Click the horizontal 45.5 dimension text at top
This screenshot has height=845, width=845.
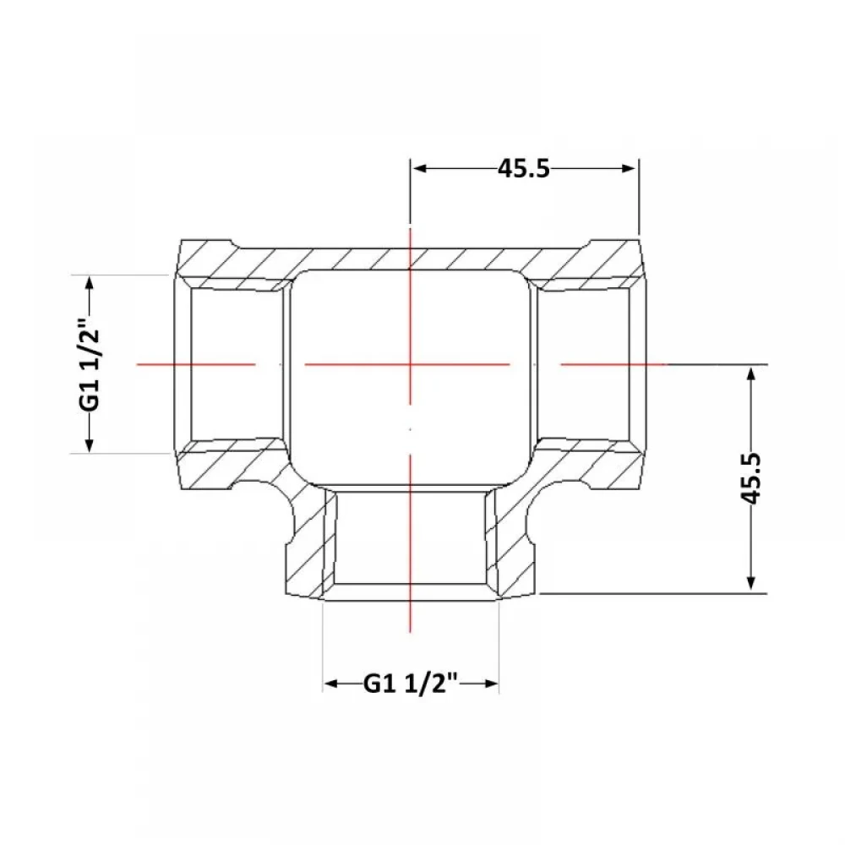pyautogui.click(x=523, y=168)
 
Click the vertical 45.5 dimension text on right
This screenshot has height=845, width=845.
pyautogui.click(x=751, y=478)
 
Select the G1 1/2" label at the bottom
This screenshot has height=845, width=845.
pyautogui.click(x=411, y=684)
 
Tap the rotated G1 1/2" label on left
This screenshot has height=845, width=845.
pyautogui.click(x=90, y=364)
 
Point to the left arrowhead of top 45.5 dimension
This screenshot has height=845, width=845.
pyautogui.click(x=420, y=168)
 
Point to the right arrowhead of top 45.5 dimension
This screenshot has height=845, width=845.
pyautogui.click(x=629, y=168)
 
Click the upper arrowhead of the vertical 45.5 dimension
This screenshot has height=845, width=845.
pyautogui.click(x=751, y=373)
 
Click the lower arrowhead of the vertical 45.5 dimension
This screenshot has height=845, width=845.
pyautogui.click(x=751, y=584)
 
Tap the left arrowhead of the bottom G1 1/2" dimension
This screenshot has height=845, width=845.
pyautogui.click(x=331, y=684)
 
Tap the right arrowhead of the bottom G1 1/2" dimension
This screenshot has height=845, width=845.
pyautogui.click(x=491, y=684)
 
